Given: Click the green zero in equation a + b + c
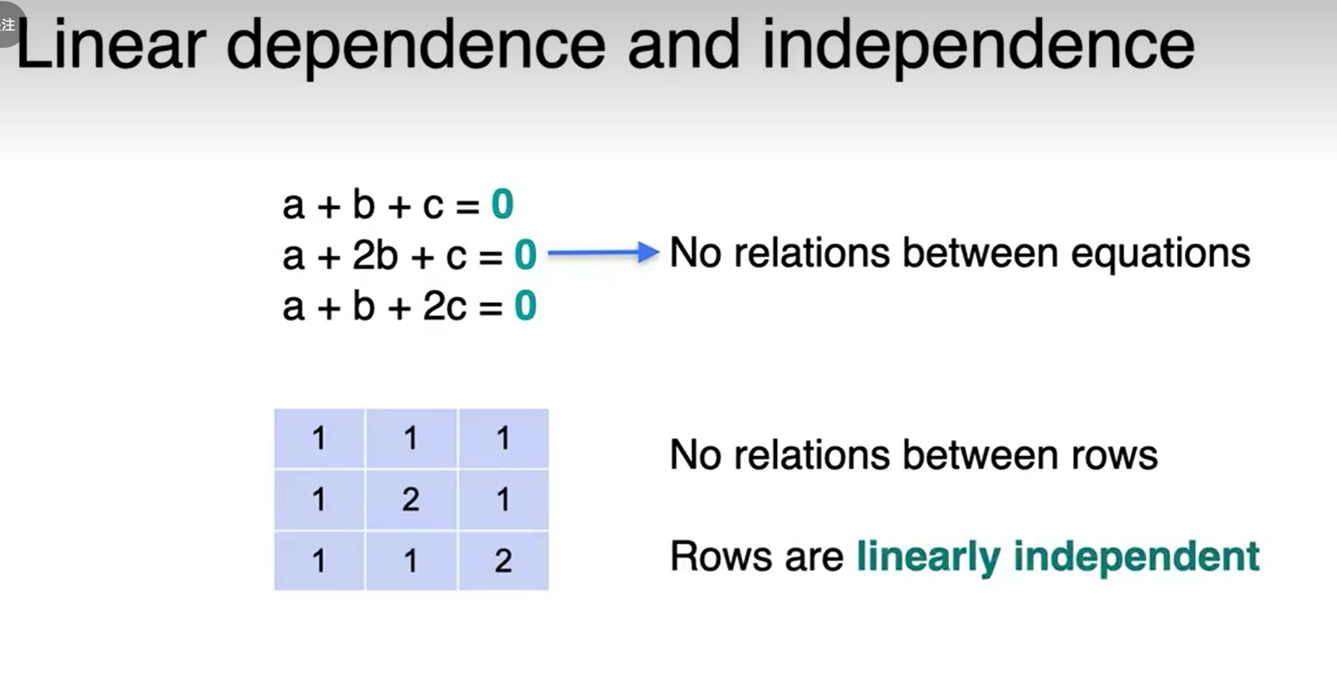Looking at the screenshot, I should coord(502,205).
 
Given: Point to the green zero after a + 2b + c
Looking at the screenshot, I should coord(525,255).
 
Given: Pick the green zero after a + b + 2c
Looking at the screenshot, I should coord(525,306).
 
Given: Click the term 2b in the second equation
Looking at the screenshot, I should coord(375,255).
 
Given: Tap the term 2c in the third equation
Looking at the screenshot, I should coord(445,306).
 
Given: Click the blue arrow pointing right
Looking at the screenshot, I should coord(602,252).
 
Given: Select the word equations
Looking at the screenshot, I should coord(1160,254).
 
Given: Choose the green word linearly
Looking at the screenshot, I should coord(928,557).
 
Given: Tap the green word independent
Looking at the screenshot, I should coord(1136,557).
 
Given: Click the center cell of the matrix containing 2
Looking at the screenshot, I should coord(411,499).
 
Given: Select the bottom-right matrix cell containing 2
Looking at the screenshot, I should coord(503,560).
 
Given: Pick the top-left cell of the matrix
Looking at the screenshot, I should coord(319,438).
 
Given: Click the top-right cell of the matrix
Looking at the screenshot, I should coord(503,438).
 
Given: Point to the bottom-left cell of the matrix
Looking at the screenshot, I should coord(319,560).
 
